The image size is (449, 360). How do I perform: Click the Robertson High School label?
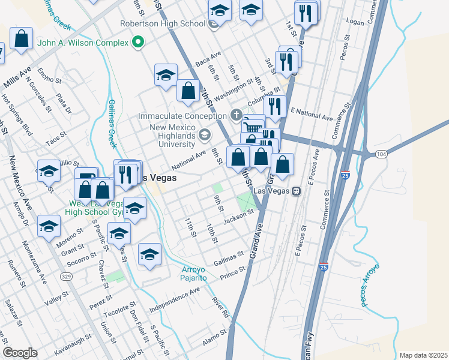pos(162,24)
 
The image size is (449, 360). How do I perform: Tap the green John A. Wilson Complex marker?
pos(138,43)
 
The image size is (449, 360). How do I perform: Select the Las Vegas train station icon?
pos(295,191)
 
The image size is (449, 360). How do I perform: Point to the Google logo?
pos(20,353)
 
